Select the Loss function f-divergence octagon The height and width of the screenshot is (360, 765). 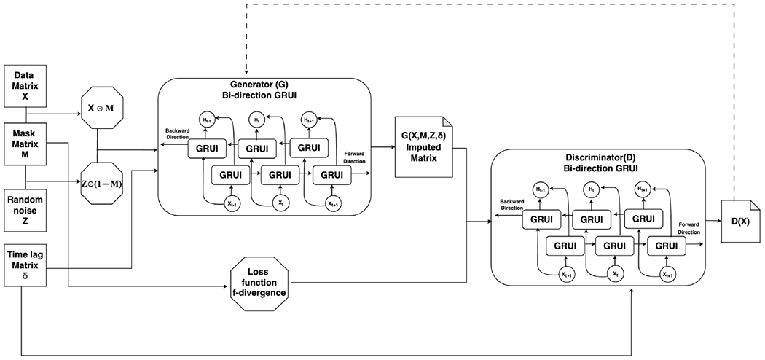[258, 280]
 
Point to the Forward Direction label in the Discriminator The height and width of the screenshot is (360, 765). [689, 229]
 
